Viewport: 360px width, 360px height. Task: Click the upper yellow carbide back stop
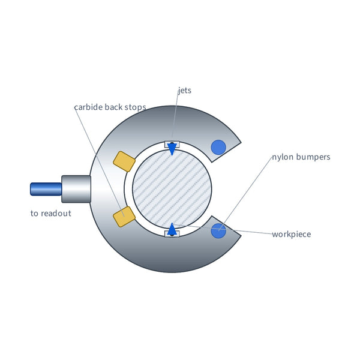[124, 161]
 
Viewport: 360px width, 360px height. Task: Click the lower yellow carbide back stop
[124, 217]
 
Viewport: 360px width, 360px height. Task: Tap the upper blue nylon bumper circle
[218, 148]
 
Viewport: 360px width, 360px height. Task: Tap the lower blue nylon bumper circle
[218, 230]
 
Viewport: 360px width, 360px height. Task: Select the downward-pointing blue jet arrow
[172, 149]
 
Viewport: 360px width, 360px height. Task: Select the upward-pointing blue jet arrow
[172, 229]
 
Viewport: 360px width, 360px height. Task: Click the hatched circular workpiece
[172, 189]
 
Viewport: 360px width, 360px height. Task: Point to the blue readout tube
[46, 189]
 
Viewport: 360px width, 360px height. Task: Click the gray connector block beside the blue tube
[76, 189]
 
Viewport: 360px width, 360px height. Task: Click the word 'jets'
[185, 90]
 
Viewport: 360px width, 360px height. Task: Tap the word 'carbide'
[88, 107]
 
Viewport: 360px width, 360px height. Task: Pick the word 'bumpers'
[313, 157]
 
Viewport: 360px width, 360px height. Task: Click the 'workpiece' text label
[292, 235]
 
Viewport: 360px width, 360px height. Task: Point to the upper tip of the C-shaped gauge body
[241, 142]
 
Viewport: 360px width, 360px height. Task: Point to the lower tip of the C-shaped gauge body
[241, 235]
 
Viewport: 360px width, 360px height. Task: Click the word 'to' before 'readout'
[34, 214]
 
